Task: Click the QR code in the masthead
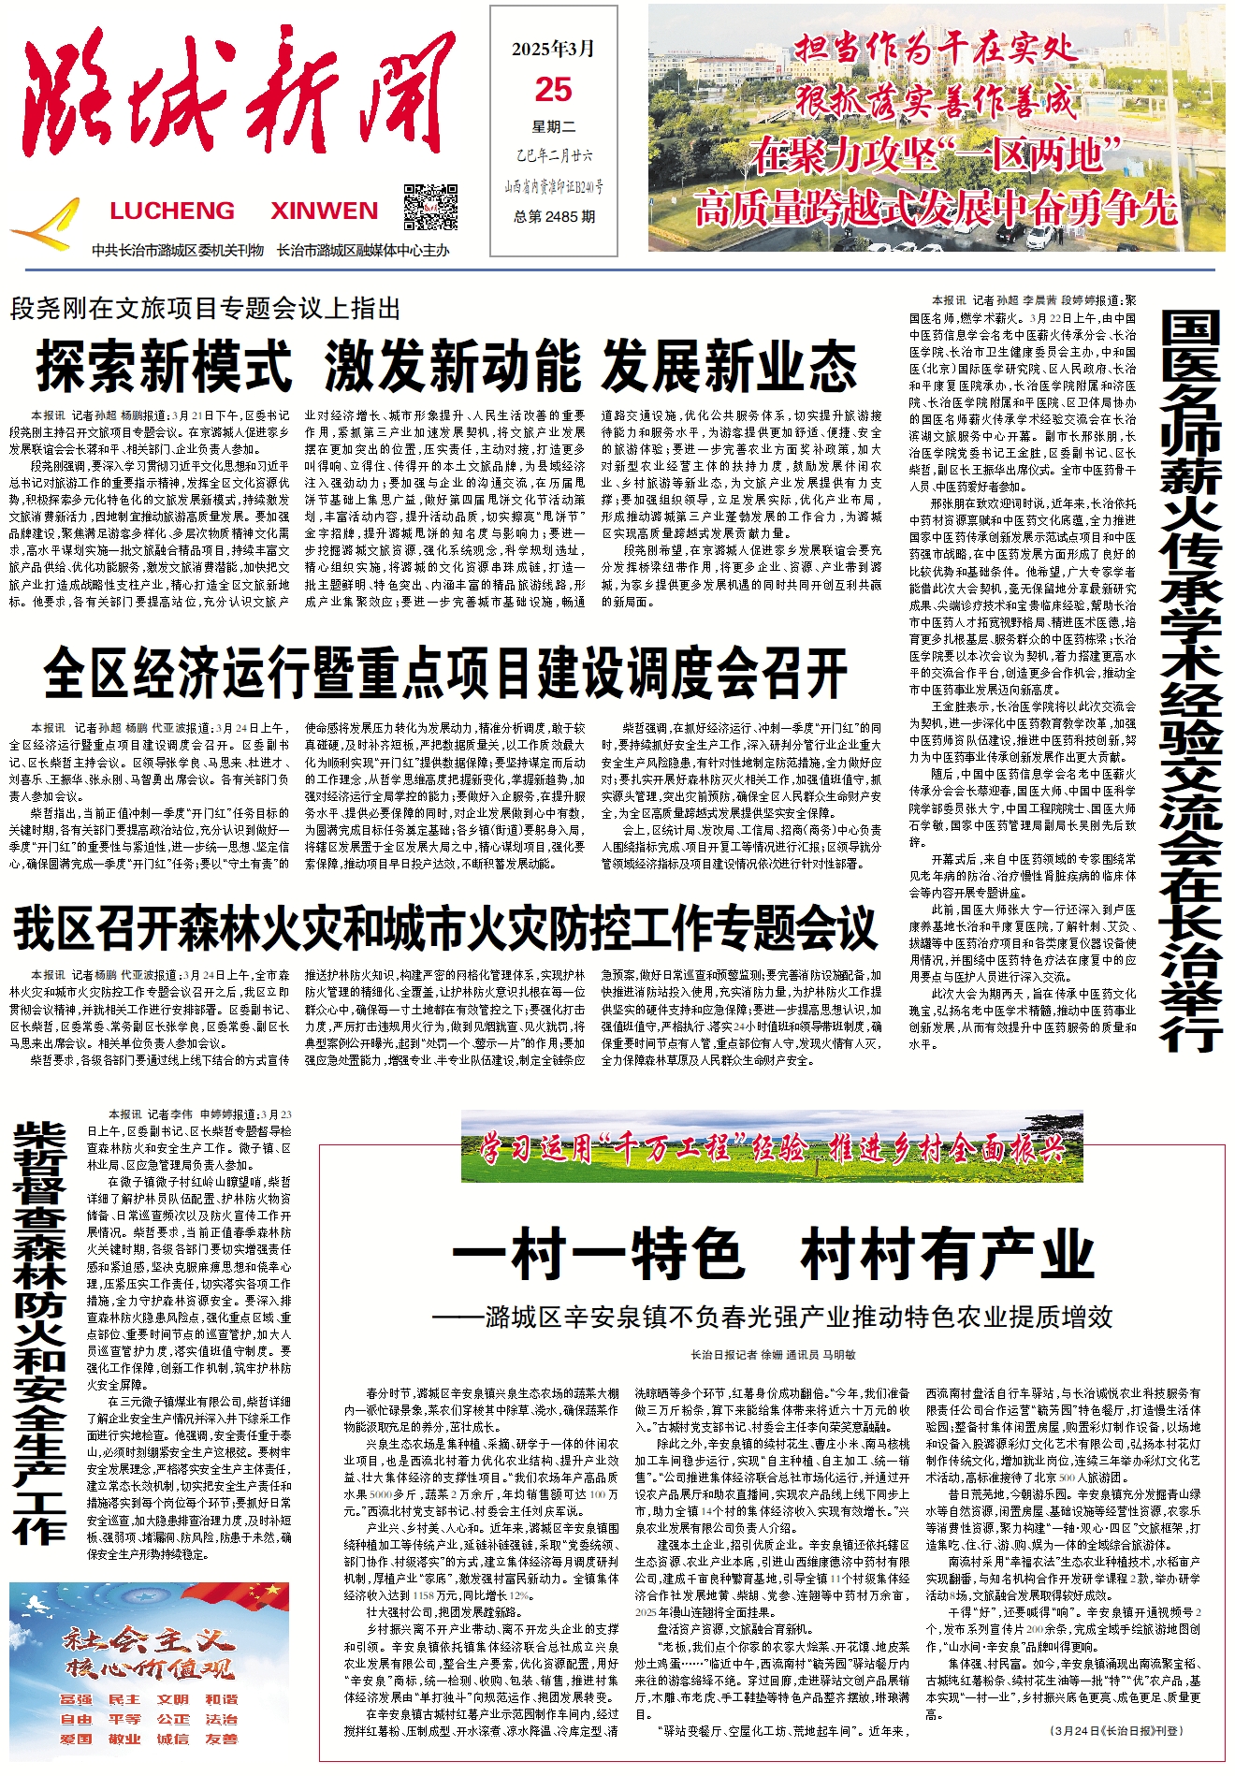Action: [430, 207]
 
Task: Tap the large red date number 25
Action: [553, 90]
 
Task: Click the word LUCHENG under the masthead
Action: [172, 211]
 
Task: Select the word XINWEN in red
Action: [324, 211]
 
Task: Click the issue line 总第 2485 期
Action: [554, 216]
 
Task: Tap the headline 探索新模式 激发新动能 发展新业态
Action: [446, 366]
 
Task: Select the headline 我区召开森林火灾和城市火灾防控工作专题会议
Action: [445, 928]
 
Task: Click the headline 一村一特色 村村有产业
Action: [773, 1254]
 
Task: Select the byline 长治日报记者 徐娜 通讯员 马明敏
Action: [773, 1354]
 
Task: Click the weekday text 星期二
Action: [554, 126]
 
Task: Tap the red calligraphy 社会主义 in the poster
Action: [148, 1638]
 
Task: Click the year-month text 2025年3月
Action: [553, 49]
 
